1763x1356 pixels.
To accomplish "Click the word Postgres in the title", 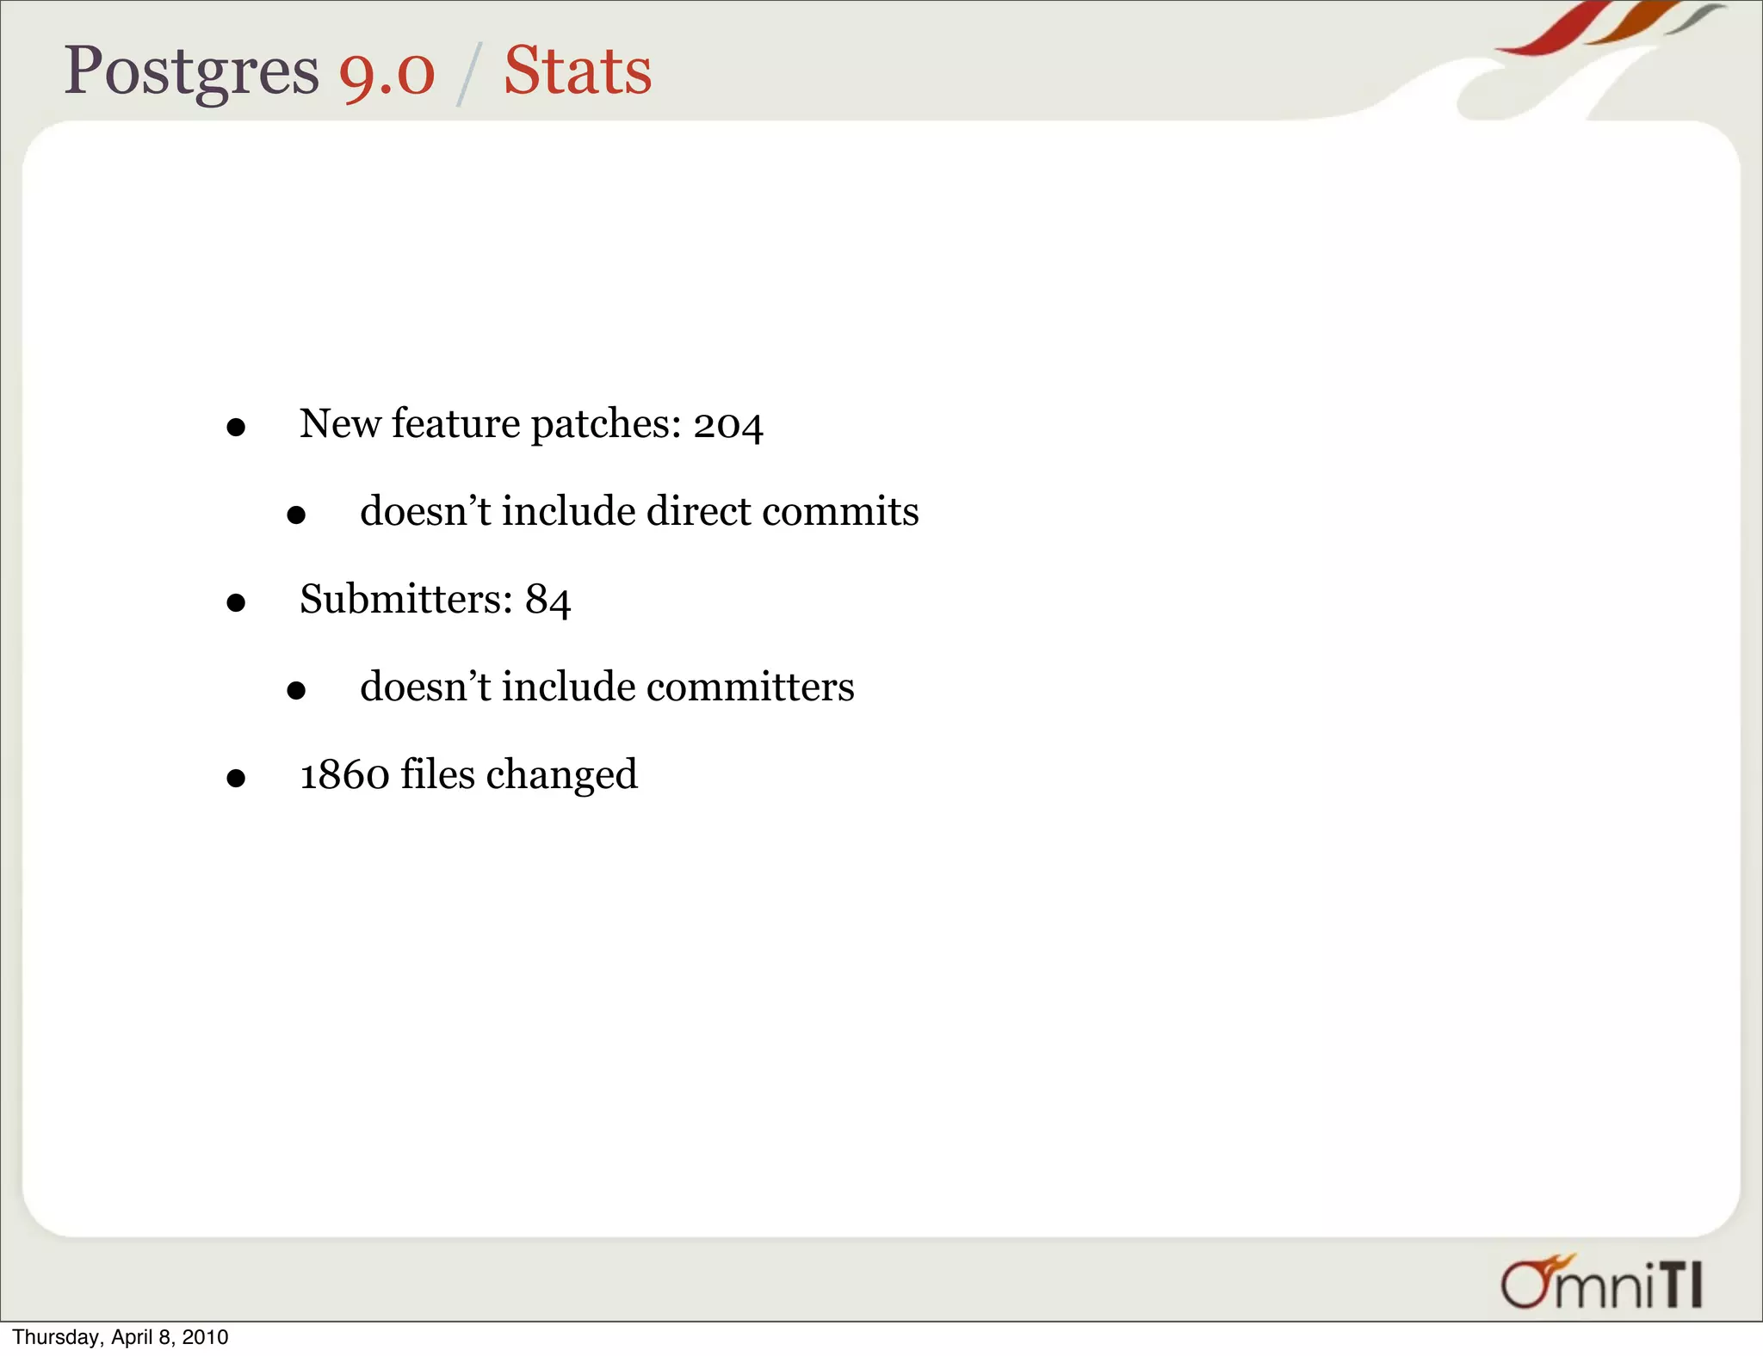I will click(191, 72).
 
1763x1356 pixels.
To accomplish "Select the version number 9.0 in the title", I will click(387, 72).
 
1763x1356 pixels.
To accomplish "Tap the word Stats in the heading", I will click(578, 71).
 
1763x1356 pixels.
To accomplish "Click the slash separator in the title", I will click(468, 76).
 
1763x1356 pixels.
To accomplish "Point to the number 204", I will click(728, 425).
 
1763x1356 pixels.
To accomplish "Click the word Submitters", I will click(405, 599).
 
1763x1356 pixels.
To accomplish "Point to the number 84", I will click(548, 600).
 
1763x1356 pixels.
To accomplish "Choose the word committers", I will click(750, 687).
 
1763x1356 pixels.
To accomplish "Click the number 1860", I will click(344, 774).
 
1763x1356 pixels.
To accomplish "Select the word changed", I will click(561, 775).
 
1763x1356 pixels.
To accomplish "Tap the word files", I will click(437, 774).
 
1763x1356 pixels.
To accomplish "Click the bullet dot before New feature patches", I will click(236, 428).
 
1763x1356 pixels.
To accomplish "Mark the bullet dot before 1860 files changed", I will click(236, 779).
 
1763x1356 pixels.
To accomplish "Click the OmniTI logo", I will click(1601, 1283).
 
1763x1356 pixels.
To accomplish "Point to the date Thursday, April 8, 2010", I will click(121, 1337).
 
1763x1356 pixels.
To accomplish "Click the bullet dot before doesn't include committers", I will click(296, 690).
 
